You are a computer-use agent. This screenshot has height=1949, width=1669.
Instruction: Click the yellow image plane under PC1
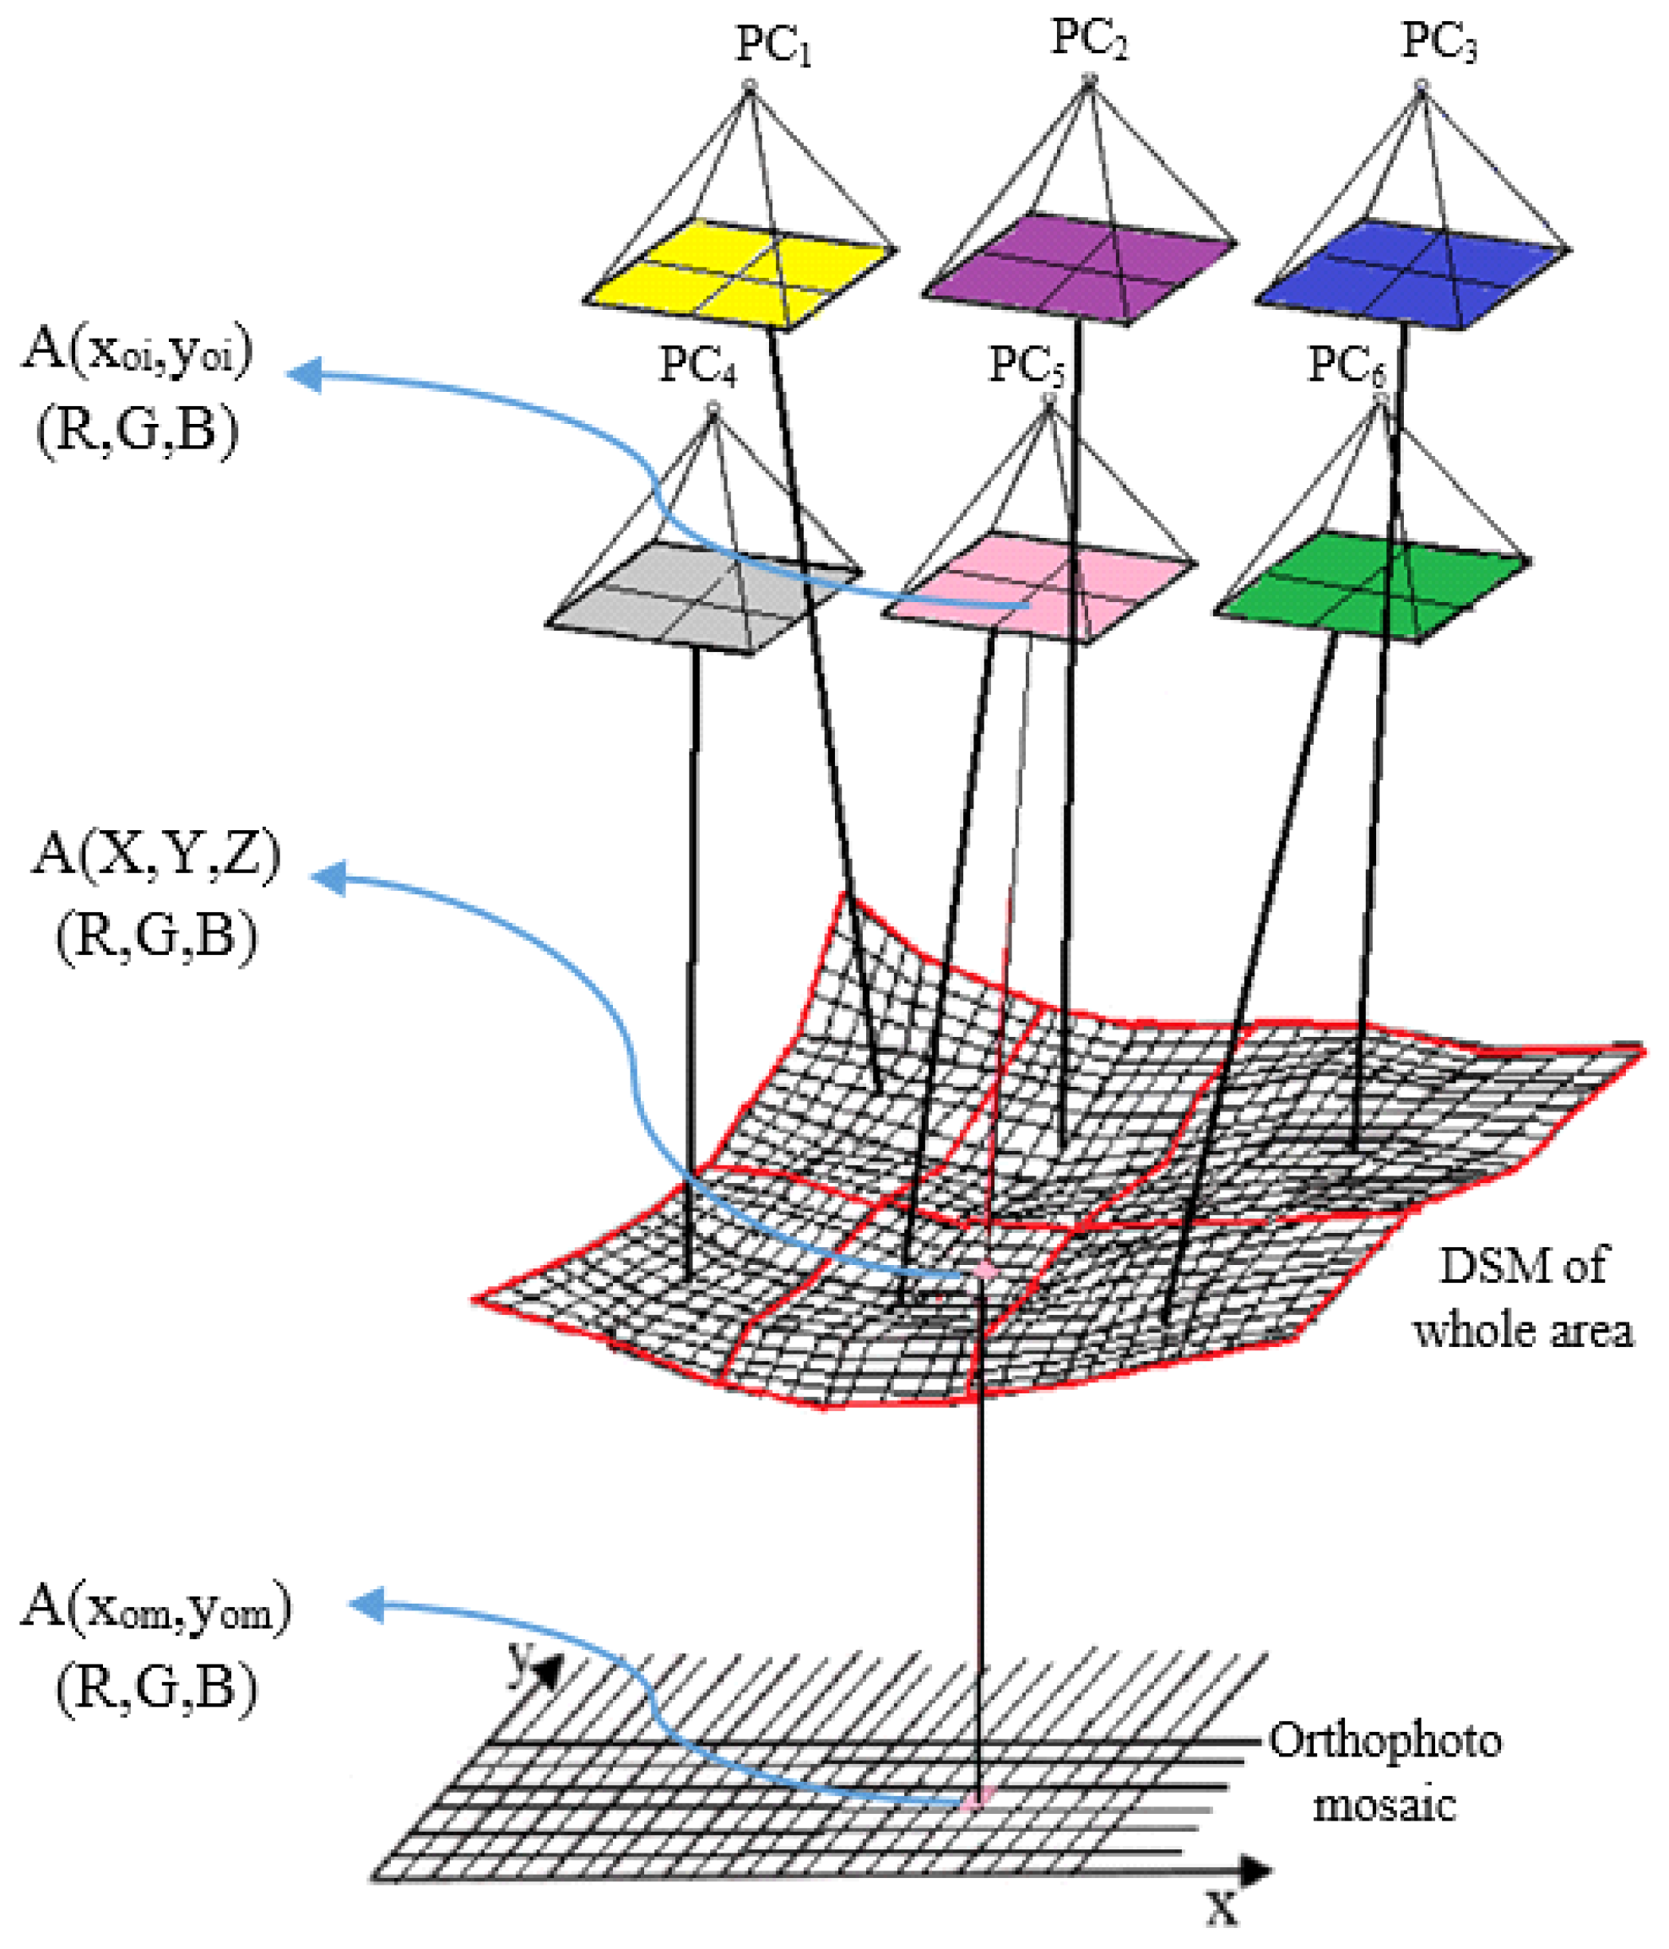[x=738, y=273]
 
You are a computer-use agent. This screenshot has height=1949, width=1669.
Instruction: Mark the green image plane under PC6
[x=1373, y=588]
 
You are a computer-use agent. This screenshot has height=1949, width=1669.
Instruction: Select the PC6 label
[x=1347, y=365]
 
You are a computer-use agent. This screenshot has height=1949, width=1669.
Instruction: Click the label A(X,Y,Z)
[x=156, y=856]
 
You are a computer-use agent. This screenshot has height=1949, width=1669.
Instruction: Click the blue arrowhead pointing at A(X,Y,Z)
[x=329, y=879]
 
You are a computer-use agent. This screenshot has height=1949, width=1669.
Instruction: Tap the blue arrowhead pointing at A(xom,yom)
[x=366, y=1604]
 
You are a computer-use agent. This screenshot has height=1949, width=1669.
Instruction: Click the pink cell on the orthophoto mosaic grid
[x=976, y=1799]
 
